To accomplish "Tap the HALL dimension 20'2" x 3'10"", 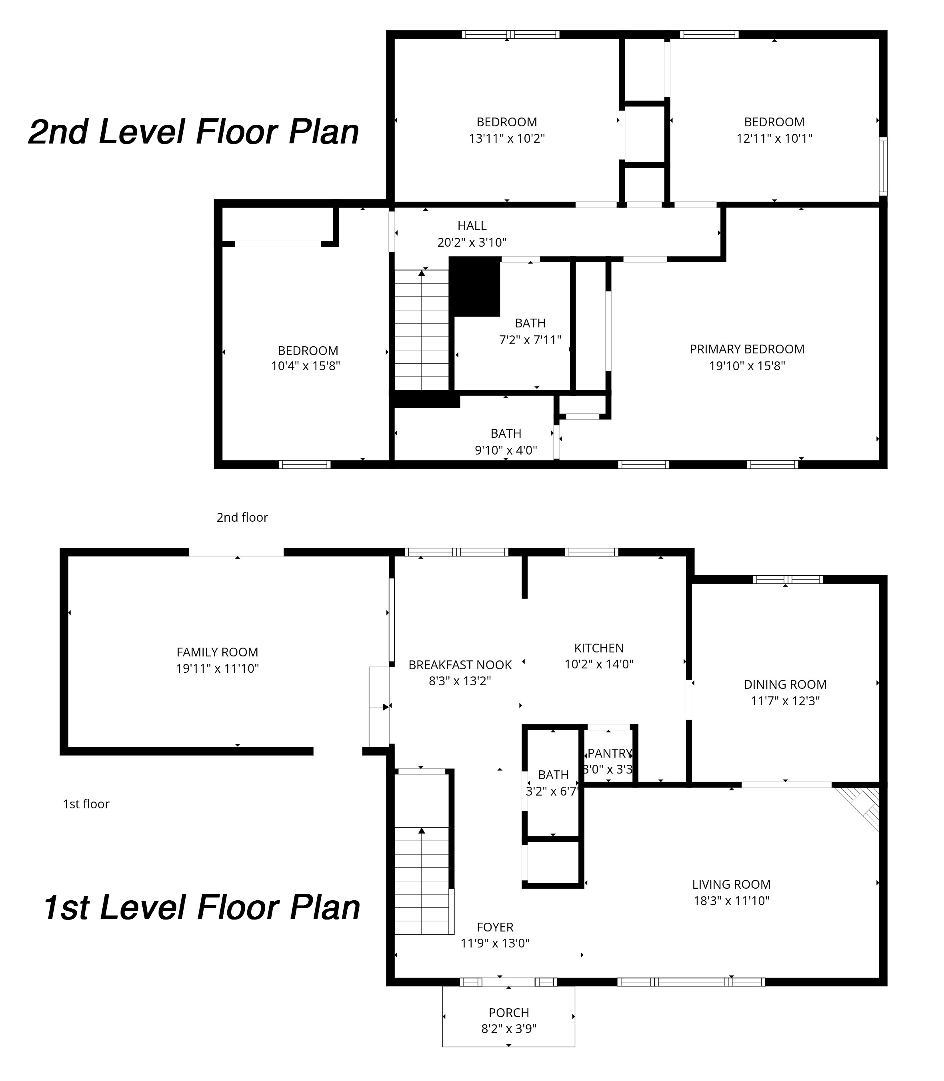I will [x=472, y=242].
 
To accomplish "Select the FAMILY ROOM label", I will [x=217, y=652].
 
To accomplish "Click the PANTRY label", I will [x=610, y=753].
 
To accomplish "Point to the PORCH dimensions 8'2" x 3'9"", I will [x=508, y=1028].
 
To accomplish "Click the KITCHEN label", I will [x=598, y=648].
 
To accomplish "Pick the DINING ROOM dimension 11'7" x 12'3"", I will [x=785, y=701].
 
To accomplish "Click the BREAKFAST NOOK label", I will [x=460, y=665].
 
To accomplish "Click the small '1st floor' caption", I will [x=86, y=804].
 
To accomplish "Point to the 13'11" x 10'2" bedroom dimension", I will [x=506, y=138].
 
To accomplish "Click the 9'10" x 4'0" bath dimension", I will [x=506, y=450].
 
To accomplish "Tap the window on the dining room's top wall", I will [x=787, y=580].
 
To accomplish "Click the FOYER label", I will [x=495, y=927].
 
